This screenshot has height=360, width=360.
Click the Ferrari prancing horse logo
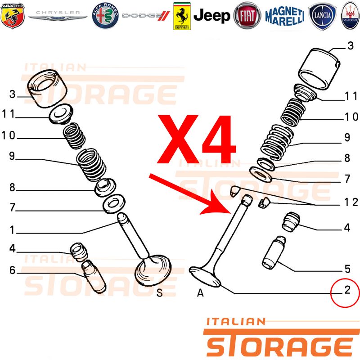click(x=182, y=16)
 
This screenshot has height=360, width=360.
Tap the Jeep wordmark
click(x=211, y=16)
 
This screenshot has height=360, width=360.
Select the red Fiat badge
click(x=247, y=16)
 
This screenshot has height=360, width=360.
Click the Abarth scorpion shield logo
click(x=13, y=16)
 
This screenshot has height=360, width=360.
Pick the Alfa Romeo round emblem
click(x=105, y=16)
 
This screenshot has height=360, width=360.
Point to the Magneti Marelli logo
click(x=285, y=16)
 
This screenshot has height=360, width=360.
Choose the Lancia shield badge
click(x=323, y=16)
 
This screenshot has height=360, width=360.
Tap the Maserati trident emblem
click(x=351, y=16)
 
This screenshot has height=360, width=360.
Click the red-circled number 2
click(x=347, y=290)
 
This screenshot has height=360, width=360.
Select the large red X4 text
click(x=197, y=139)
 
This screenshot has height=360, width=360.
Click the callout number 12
click(x=351, y=202)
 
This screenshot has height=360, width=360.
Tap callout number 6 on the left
click(x=13, y=270)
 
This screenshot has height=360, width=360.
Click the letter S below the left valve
click(x=160, y=293)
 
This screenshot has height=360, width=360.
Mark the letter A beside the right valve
click(x=200, y=293)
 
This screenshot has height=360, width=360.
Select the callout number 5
click(x=347, y=269)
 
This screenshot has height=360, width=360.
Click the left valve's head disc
click(x=153, y=271)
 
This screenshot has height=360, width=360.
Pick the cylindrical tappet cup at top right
click(x=319, y=69)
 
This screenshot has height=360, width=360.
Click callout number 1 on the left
click(x=13, y=230)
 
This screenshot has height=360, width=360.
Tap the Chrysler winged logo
click(x=58, y=15)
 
